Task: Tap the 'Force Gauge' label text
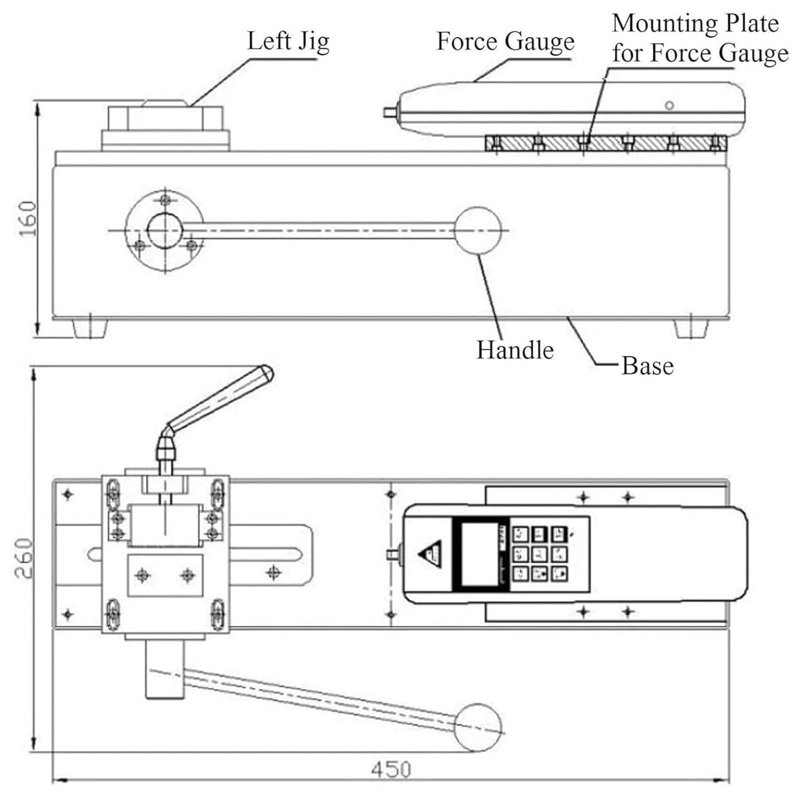pos(505,42)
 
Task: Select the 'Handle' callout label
pos(515,350)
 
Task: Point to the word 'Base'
pos(647,366)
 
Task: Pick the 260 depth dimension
pos(23,558)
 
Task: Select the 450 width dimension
pos(391,770)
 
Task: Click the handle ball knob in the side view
pos(477,231)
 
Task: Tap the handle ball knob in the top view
pos(478,728)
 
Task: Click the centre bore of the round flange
pos(165,230)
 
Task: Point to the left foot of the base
pos(90,329)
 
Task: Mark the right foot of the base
pos(691,329)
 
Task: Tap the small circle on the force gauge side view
pos(669,105)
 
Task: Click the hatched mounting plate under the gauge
pos(606,143)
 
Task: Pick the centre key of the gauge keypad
pos(539,554)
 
